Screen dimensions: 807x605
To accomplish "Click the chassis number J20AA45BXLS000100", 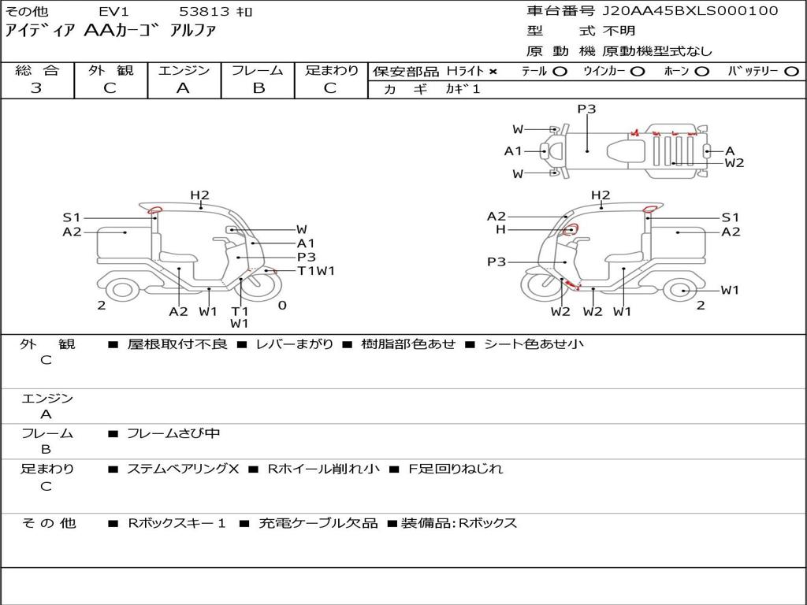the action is tap(690, 11).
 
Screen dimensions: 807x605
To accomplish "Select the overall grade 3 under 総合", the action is tap(36, 88).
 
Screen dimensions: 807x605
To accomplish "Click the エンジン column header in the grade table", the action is tap(184, 70).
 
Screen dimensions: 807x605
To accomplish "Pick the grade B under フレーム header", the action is tap(258, 88).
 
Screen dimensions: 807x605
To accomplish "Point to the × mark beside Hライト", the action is tap(493, 72).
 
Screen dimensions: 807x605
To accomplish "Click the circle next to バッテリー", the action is tap(791, 72).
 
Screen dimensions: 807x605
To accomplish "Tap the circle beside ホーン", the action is tap(701, 72).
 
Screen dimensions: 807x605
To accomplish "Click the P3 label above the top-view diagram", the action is tap(586, 109).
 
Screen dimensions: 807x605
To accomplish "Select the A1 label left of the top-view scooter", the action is tap(512, 151).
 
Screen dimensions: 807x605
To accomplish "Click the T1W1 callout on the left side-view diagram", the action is tap(316, 271).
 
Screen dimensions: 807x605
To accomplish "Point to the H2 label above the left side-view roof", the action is tap(199, 195).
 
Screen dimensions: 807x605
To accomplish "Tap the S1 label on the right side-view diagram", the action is tap(731, 217).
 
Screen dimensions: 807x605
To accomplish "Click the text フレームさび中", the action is tap(173, 434).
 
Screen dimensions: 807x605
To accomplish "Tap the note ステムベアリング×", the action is tap(183, 469).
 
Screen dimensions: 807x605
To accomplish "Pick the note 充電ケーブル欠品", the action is tap(318, 523).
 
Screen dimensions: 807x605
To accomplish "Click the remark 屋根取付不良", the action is tap(177, 343).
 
